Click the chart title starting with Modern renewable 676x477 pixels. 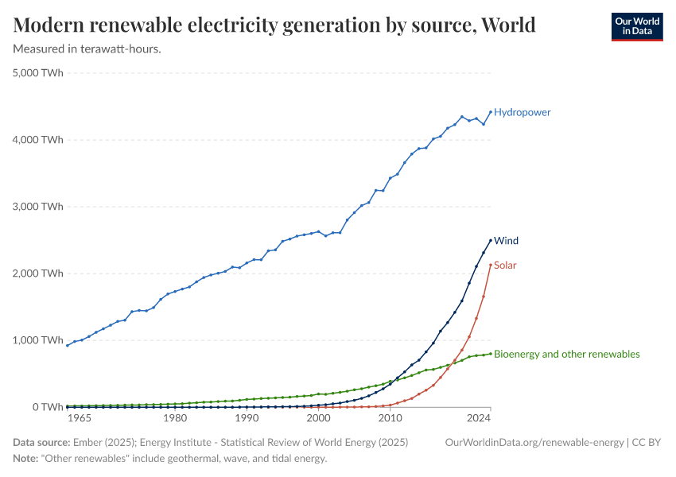coord(274,25)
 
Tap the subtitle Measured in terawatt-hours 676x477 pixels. coord(87,49)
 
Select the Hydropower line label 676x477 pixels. coord(522,112)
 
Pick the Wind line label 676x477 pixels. coord(506,240)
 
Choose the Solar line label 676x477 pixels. coord(505,265)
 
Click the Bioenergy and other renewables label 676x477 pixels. coord(566,354)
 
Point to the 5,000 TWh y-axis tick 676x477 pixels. coord(38,73)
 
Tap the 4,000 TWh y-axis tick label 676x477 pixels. coord(38,140)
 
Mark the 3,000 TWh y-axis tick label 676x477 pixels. coord(38,207)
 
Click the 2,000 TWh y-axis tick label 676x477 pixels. coord(38,273)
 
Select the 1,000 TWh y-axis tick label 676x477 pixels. coord(38,340)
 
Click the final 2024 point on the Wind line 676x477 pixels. coord(491,240)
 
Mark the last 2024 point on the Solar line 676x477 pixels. coord(491,265)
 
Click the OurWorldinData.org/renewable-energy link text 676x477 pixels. coord(534,442)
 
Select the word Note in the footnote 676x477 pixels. coord(25,459)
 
